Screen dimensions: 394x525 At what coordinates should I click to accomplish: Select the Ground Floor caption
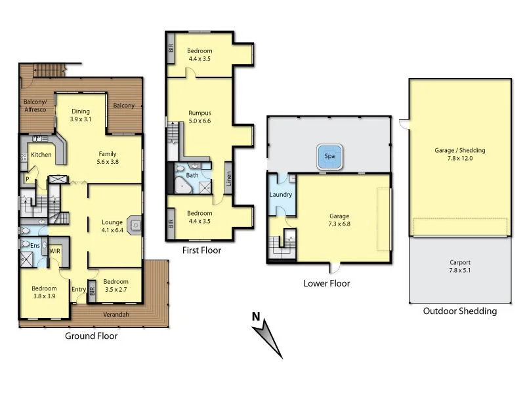click(91, 336)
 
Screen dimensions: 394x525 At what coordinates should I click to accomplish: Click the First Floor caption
click(201, 250)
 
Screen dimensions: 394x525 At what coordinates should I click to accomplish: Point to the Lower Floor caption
click(326, 284)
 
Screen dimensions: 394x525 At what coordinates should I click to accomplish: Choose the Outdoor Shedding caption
click(459, 311)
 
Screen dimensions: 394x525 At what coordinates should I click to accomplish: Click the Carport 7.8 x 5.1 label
click(459, 266)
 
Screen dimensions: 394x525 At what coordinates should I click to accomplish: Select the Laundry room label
click(281, 195)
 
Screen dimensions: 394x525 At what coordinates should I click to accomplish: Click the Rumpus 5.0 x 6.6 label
click(199, 117)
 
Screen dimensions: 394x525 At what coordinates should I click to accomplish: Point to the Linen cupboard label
click(228, 179)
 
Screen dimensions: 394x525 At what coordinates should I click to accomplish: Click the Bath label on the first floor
click(192, 175)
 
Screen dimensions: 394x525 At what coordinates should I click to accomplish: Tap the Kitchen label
click(41, 155)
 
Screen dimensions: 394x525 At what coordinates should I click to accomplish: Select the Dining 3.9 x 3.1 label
click(81, 115)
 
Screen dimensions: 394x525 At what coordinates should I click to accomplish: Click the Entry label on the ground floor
click(79, 289)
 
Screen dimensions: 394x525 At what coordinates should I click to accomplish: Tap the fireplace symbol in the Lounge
click(135, 226)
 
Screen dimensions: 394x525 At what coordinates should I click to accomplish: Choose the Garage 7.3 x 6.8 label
click(339, 220)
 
